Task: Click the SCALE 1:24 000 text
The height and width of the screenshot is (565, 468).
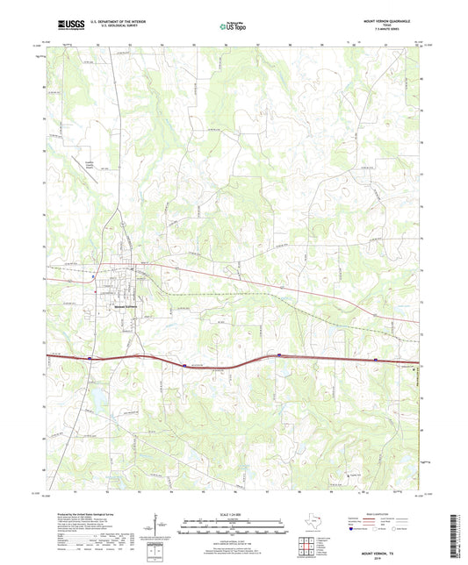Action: point(234,515)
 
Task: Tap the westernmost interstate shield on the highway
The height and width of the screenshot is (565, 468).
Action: point(90,358)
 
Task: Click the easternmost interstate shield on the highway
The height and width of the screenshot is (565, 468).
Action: point(376,359)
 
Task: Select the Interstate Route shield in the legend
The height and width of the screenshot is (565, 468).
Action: point(351,542)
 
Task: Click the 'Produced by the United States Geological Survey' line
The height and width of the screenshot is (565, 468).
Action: point(79,514)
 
